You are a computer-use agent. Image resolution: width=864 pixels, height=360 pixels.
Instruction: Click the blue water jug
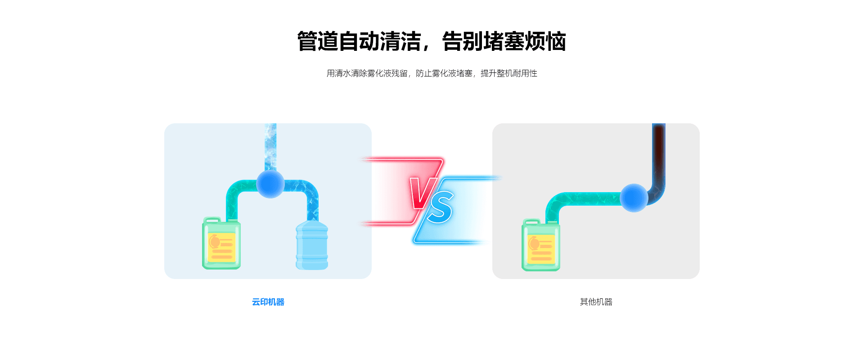(311, 247)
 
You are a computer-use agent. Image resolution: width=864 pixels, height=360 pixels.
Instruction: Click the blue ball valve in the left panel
(270, 184)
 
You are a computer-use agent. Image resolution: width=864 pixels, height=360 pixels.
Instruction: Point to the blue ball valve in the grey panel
(634, 198)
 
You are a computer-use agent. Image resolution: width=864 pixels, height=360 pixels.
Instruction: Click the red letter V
(422, 192)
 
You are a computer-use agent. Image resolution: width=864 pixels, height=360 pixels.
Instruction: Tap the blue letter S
(441, 207)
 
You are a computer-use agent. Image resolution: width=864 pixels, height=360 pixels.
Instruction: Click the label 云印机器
(268, 302)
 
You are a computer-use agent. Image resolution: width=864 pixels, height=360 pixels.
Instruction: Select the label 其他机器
(596, 302)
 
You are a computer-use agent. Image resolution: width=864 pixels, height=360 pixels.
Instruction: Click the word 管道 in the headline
(317, 41)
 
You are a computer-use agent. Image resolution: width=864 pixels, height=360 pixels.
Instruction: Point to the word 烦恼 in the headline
(545, 41)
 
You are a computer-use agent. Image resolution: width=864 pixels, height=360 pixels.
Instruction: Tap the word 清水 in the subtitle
(343, 73)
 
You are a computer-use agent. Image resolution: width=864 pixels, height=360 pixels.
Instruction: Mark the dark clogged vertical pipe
(658, 153)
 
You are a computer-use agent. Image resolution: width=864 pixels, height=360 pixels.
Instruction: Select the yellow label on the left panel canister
(221, 247)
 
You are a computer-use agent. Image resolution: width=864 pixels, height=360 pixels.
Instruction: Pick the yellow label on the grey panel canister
(541, 248)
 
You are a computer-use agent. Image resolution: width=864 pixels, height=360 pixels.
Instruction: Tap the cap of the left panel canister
(212, 220)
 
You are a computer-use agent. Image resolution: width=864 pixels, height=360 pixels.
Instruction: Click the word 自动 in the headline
(359, 41)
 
